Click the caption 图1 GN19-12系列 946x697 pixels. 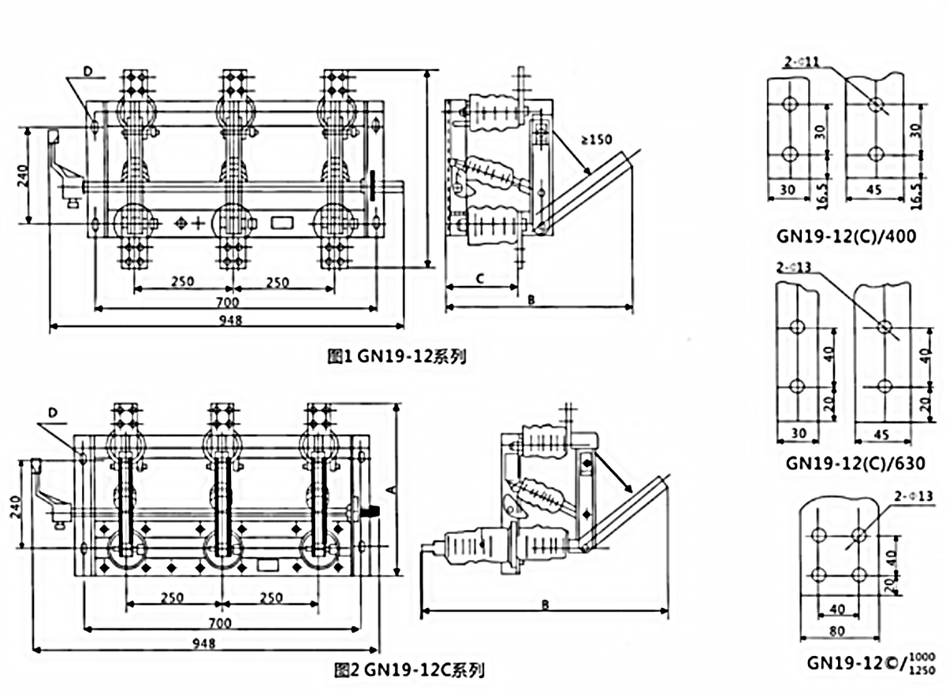[x=396, y=355]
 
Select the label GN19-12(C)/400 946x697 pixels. [x=846, y=235]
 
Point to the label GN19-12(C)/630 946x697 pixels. [x=846, y=463]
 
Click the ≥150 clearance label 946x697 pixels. [x=597, y=141]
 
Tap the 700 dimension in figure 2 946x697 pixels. [x=220, y=623]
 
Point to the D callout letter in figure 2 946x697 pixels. [x=52, y=412]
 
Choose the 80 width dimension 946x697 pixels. [x=838, y=630]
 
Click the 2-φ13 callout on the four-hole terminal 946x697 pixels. [x=913, y=495]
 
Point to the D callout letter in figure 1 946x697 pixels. [x=88, y=72]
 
